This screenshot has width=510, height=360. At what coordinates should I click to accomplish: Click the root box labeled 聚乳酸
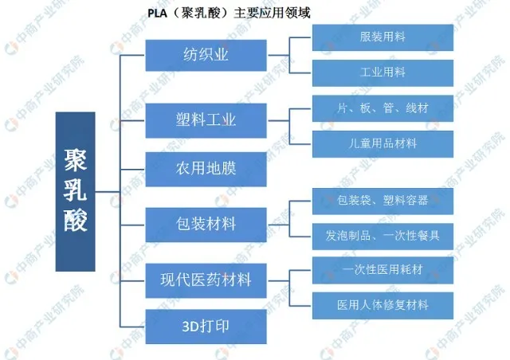[x=75, y=191]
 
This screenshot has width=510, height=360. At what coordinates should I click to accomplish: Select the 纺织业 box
[x=206, y=54]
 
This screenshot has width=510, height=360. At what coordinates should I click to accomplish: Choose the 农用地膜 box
[x=206, y=170]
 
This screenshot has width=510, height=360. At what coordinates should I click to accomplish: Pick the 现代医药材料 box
[x=206, y=280]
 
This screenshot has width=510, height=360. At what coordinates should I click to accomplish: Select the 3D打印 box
[x=206, y=327]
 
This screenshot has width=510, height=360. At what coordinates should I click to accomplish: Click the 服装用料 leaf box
[x=382, y=37]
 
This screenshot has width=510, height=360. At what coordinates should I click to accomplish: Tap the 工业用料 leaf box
[x=382, y=73]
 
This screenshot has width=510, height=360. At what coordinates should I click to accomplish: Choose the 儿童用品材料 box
[x=382, y=143]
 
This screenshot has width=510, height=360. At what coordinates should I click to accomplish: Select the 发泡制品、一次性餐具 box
[x=382, y=236]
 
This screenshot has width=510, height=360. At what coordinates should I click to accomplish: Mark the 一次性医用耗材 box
[x=382, y=270]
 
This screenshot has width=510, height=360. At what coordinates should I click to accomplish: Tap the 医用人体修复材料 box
[x=382, y=305]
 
